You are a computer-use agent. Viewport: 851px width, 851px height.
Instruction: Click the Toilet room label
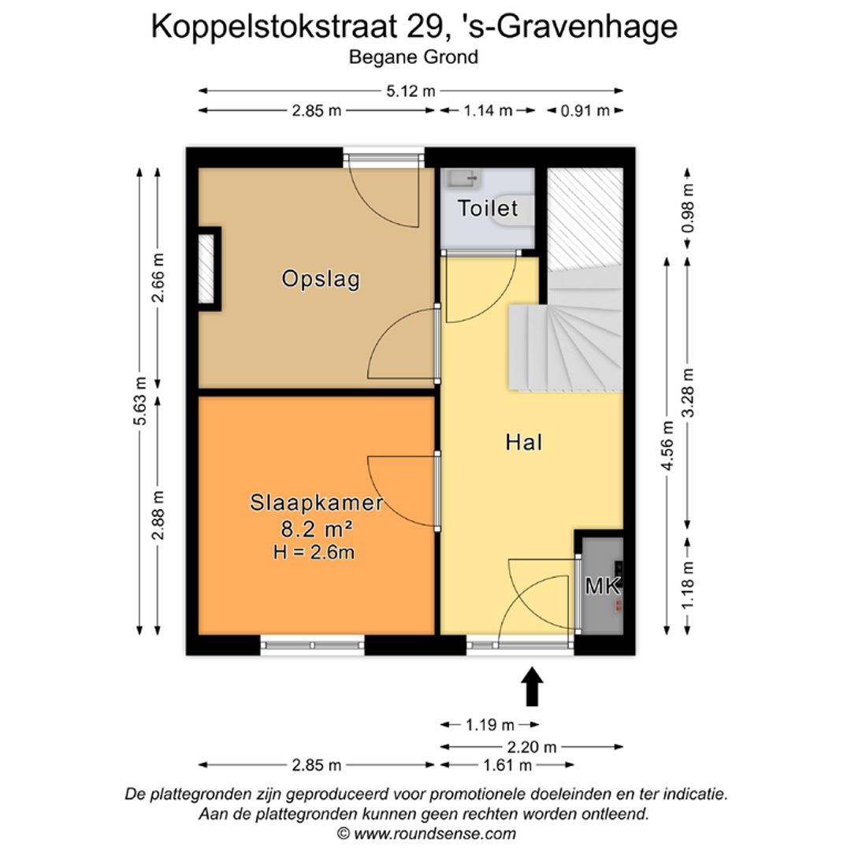[489, 209]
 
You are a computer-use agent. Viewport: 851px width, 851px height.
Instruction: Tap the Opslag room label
[321, 279]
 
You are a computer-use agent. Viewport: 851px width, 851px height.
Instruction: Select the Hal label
[524, 443]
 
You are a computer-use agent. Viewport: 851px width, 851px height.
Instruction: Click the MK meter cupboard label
[603, 586]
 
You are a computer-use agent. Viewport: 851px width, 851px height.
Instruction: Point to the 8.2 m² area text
[317, 528]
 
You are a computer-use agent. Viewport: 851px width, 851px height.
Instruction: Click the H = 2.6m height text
[314, 552]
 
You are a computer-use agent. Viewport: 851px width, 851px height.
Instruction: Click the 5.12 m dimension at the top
[411, 91]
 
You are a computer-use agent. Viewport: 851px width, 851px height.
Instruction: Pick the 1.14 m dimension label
[488, 111]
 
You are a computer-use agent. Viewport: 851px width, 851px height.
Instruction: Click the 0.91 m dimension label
[585, 111]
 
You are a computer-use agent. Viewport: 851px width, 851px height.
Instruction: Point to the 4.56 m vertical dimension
[668, 446]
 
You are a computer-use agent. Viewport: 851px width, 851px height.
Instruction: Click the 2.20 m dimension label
[532, 747]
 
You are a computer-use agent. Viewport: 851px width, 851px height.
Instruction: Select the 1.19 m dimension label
[489, 725]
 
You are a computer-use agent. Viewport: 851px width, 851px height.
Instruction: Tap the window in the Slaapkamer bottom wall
[312, 645]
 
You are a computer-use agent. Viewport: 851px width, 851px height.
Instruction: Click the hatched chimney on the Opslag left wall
[206, 269]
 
